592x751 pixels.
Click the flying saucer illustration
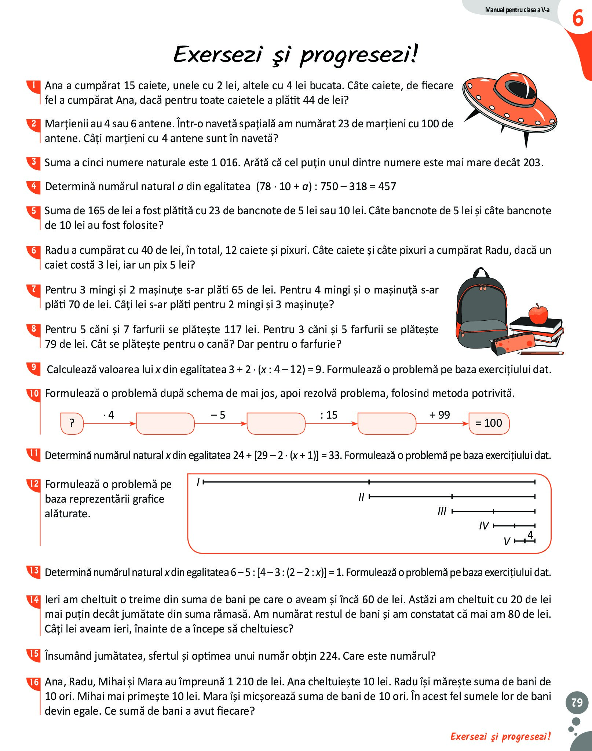pyautogui.click(x=510, y=106)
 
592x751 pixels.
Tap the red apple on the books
pyautogui.click(x=538, y=314)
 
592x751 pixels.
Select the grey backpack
pyautogui.click(x=480, y=308)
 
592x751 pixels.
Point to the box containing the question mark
pyautogui.click(x=72, y=423)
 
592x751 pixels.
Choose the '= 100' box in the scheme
pyautogui.click(x=489, y=423)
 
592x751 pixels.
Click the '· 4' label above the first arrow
pyautogui.click(x=109, y=415)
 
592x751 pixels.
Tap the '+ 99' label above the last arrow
pyautogui.click(x=440, y=415)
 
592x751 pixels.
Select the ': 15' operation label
pyautogui.click(x=329, y=415)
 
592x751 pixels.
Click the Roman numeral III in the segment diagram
pyautogui.click(x=442, y=511)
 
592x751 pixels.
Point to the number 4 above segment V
pyautogui.click(x=530, y=535)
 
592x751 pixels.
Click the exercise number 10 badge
pyautogui.click(x=34, y=394)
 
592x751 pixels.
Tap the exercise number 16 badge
pyautogui.click(x=34, y=682)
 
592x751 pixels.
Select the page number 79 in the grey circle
pyautogui.click(x=577, y=702)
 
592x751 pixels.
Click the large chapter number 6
pyautogui.click(x=578, y=18)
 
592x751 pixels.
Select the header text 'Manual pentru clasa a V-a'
pyautogui.click(x=517, y=10)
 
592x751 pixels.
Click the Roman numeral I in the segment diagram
pyautogui.click(x=198, y=482)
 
